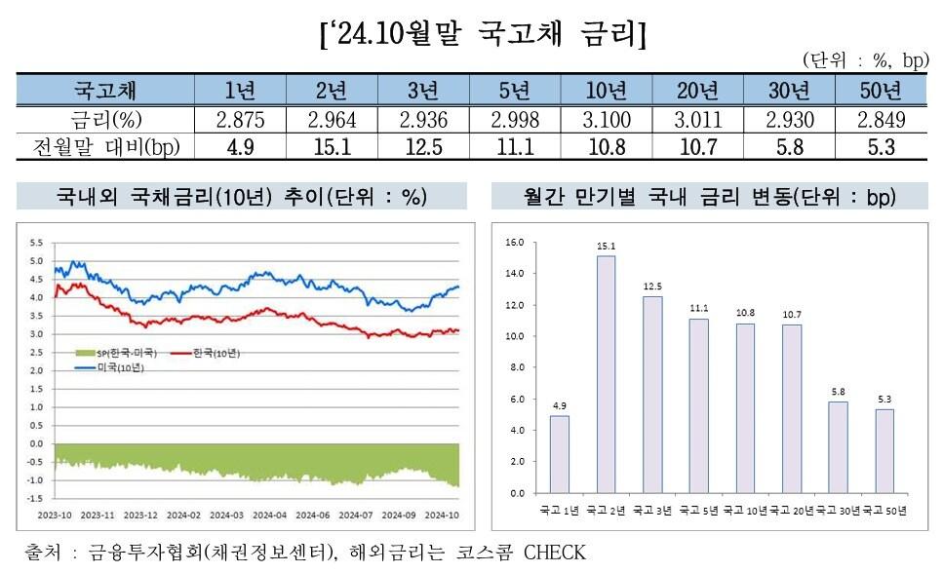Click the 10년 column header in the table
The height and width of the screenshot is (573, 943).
(x=606, y=92)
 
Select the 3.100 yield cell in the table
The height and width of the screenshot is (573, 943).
(x=606, y=120)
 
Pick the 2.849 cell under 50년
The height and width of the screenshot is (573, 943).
(x=882, y=120)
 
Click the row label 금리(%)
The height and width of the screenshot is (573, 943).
(x=105, y=120)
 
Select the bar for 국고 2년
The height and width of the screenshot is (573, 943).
(x=606, y=374)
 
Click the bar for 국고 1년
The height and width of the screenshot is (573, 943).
(x=560, y=454)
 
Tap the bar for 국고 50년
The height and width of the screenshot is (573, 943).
(x=884, y=451)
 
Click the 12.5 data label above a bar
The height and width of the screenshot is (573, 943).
(x=652, y=286)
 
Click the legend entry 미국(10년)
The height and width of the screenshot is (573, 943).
(x=109, y=366)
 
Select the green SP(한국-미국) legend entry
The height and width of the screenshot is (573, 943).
(x=115, y=352)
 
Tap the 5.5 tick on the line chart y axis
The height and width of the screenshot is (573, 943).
(x=36, y=242)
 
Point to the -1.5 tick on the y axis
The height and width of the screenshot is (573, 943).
(x=35, y=498)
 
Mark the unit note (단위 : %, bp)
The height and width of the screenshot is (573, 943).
(x=865, y=61)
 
